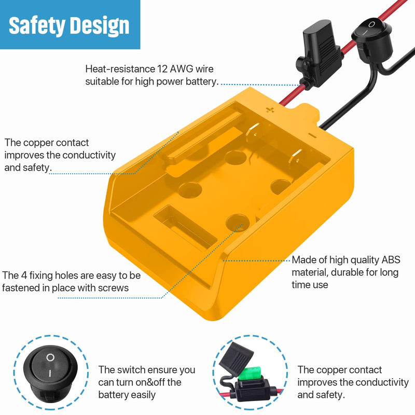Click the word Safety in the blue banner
point(37,26)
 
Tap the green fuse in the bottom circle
point(248,374)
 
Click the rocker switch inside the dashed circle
point(50,373)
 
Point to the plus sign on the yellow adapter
point(270,109)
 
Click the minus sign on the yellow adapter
point(313,136)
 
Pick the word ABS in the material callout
point(391,260)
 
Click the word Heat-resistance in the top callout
point(120,69)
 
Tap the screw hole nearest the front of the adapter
point(238,223)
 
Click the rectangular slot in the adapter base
point(185,228)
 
